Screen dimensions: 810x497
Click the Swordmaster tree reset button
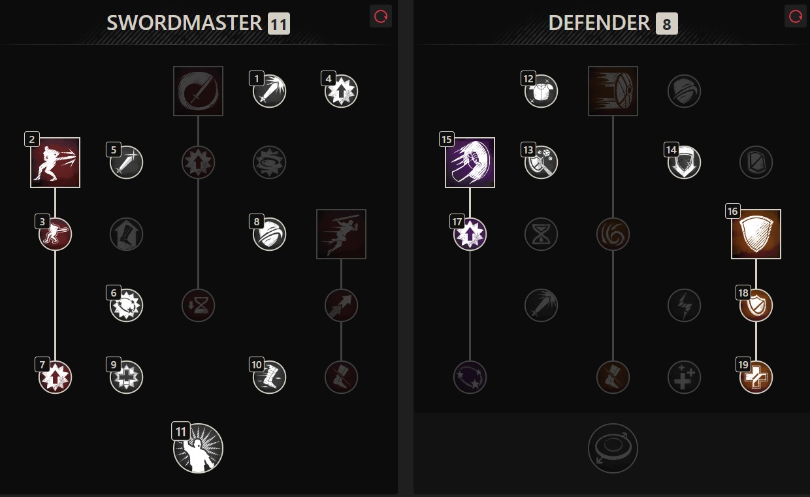coord(380,16)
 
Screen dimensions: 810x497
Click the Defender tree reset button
coord(795,16)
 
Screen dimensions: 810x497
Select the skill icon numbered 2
coord(56,163)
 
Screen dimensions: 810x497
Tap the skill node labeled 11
coord(198,448)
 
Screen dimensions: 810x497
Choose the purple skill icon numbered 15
coord(470,163)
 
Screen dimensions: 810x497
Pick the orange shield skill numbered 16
coord(756,234)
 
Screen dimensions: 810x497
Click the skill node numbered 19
coord(756,377)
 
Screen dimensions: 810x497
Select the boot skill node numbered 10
coord(269,377)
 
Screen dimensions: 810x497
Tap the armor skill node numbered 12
coord(541,91)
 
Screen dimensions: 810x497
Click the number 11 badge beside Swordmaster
coord(279,24)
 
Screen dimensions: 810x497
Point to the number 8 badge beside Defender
coord(667,24)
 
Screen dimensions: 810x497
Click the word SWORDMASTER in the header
coord(184,23)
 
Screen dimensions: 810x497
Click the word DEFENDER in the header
coord(599,23)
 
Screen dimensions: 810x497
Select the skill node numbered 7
coord(56,377)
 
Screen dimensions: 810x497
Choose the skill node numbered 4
coord(341,91)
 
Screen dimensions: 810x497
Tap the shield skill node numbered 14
coord(684,163)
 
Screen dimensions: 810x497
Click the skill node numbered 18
coord(756,306)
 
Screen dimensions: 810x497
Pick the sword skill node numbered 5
coord(126,163)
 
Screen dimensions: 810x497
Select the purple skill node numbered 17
coord(470,234)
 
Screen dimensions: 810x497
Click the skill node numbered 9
coord(126,377)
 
